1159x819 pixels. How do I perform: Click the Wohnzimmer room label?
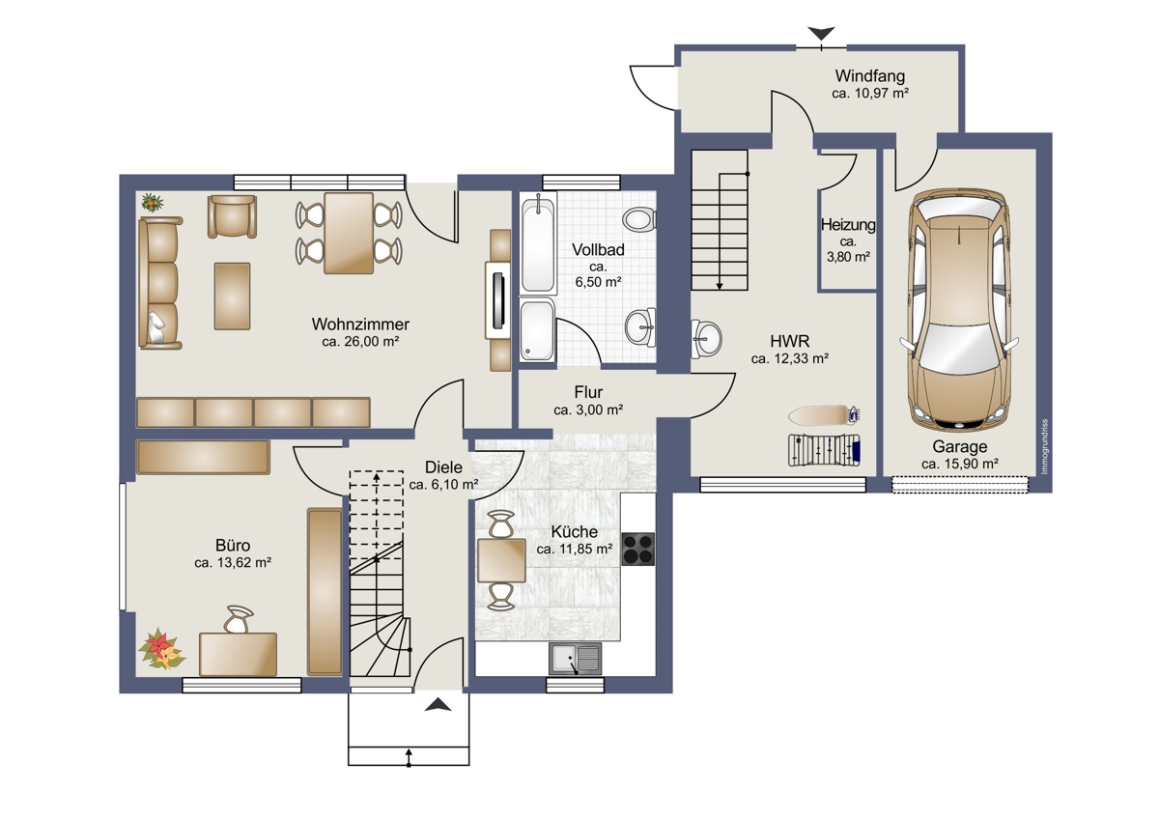coord(360,325)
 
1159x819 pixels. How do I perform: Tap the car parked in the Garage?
coord(959,310)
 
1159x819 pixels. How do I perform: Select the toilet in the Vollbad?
coord(639,220)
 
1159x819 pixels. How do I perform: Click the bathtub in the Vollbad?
coord(538,244)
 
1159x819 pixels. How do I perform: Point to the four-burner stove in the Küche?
coord(638,549)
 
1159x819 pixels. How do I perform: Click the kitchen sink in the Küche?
coord(575,659)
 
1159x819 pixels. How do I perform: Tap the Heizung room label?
coord(848,225)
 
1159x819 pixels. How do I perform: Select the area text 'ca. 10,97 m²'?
coord(870,94)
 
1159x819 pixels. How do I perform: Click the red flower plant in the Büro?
coord(161,649)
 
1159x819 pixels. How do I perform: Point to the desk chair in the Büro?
coord(239,619)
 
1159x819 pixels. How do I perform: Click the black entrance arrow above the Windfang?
coord(822,34)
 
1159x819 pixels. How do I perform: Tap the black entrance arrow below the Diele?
coord(438,704)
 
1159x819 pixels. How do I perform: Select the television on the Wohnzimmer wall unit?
coord(499,300)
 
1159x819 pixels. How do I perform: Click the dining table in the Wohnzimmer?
coord(349,234)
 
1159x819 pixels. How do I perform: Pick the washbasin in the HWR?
coord(706,339)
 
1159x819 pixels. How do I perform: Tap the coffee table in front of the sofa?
coord(233,296)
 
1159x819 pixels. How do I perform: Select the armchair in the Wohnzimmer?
coord(233,216)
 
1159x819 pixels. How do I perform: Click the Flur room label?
coord(588,392)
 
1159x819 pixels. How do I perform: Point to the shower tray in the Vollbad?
coord(537,330)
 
